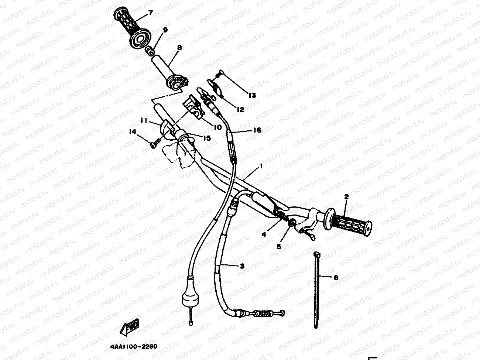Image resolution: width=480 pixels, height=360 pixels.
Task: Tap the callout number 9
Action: pos(165,30)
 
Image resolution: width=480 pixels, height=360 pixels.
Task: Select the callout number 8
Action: pos(179,48)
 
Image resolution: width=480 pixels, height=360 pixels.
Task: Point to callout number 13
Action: pos(252,96)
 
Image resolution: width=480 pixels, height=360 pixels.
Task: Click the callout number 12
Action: pos(240,109)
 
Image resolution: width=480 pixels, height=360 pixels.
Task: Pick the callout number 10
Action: pos(217,127)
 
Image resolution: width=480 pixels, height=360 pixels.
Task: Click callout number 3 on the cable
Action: pos(242,265)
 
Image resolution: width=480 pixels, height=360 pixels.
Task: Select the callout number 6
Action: pos(336,278)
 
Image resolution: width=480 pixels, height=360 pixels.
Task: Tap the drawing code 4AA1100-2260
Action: pos(134,347)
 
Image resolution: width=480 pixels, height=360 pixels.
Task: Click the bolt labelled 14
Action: pos(154,144)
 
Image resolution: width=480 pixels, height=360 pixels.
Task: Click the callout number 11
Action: pos(143,120)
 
